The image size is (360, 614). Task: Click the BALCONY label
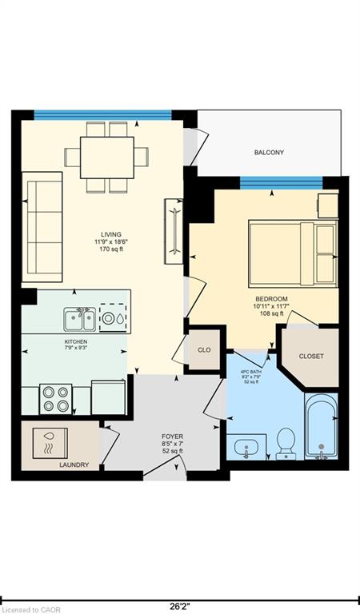click(269, 152)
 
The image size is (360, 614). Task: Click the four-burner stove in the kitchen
click(56, 398)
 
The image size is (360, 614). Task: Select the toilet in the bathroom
click(286, 444)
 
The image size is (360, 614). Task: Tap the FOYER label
click(172, 437)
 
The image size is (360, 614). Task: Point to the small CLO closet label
click(203, 351)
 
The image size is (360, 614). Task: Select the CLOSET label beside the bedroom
click(311, 356)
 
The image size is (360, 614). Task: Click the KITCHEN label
click(76, 341)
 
